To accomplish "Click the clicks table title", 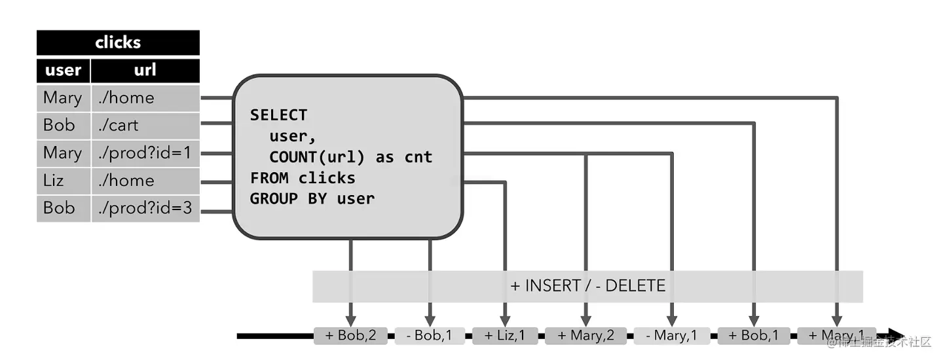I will [118, 43].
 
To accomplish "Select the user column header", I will [63, 70].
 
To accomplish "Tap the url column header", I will [145, 70].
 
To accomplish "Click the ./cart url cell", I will [145, 125].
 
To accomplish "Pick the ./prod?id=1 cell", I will [145, 153].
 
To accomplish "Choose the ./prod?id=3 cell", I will [145, 208].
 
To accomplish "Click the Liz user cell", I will [63, 181].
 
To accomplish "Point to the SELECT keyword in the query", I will [278, 115].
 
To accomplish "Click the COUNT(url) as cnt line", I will [350, 158].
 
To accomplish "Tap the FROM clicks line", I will [303, 178].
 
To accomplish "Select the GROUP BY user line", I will [312, 198].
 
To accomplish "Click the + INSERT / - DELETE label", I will [587, 286].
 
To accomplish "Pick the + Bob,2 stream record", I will [350, 336].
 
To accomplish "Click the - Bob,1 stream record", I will [429, 336].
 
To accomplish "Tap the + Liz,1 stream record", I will [505, 336].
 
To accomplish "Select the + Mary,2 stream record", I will [585, 336].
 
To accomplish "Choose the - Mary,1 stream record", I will [672, 336].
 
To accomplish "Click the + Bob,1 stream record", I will [754, 336].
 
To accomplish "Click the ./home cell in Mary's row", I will [145, 98].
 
